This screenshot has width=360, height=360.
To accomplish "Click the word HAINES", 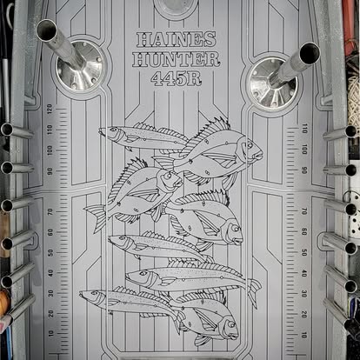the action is click(177, 39).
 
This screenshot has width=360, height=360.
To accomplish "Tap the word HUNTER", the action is click(176, 59).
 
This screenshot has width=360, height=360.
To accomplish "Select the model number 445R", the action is click(177, 78).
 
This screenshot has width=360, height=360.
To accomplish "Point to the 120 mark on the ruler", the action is click(50, 109).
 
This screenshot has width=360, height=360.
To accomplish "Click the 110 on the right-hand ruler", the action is click(304, 128).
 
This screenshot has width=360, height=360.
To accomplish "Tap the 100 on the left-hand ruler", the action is click(50, 150).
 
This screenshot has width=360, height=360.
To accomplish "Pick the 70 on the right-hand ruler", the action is click(303, 211).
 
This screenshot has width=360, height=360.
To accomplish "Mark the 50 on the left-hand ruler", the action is click(50, 253).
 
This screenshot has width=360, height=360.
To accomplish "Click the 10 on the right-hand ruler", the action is click(303, 335).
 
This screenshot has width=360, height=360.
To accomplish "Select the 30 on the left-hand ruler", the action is click(51, 293).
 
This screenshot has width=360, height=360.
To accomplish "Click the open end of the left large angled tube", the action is click(47, 30).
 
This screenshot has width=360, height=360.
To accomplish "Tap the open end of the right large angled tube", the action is click(310, 53).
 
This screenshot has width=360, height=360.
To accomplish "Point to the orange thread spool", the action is click(4, 303).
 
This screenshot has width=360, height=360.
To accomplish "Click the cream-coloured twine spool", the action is click(354, 96).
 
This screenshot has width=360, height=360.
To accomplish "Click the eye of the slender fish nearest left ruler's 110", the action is click(113, 130).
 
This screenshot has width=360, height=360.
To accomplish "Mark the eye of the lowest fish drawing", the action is click(231, 324).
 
